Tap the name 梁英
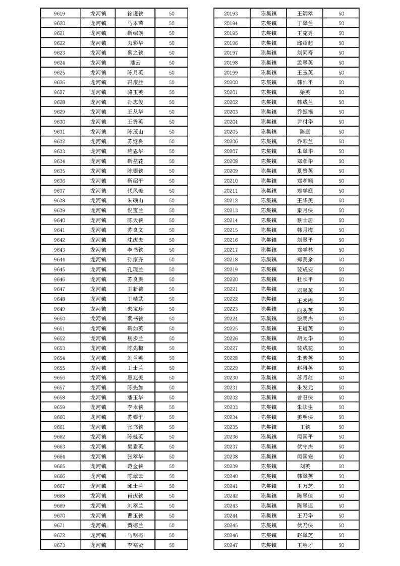pos(305,92)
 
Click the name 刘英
pos(305,466)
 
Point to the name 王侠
pos(305,427)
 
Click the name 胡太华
pos(305,338)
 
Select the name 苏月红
pos(305,377)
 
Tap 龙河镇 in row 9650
pos(98,318)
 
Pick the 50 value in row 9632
pos(172,141)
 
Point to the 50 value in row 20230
pos(341,377)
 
